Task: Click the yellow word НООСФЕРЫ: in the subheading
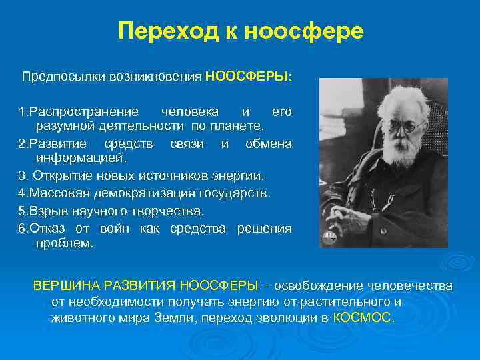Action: coord(249,77)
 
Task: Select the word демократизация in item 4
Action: coord(143,193)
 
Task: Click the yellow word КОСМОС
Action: coord(363,317)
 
